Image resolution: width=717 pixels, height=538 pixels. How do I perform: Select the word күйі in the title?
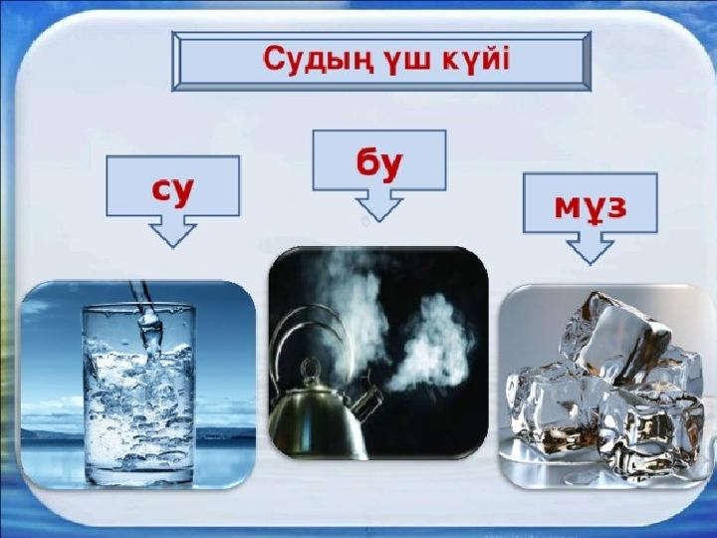tap(476, 59)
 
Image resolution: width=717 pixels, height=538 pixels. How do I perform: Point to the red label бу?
tap(378, 163)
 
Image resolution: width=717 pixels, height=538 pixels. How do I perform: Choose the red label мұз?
tap(591, 207)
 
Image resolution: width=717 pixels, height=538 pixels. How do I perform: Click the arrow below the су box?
tap(173, 231)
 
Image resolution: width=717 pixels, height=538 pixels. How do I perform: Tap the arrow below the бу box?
tap(379, 206)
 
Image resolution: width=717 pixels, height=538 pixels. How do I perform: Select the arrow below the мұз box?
tap(590, 248)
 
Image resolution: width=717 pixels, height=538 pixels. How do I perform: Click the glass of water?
tap(139, 395)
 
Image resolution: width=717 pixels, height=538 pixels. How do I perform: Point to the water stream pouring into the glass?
tap(147, 320)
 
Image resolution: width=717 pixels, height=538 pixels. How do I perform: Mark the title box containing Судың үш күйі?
tap(381, 62)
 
